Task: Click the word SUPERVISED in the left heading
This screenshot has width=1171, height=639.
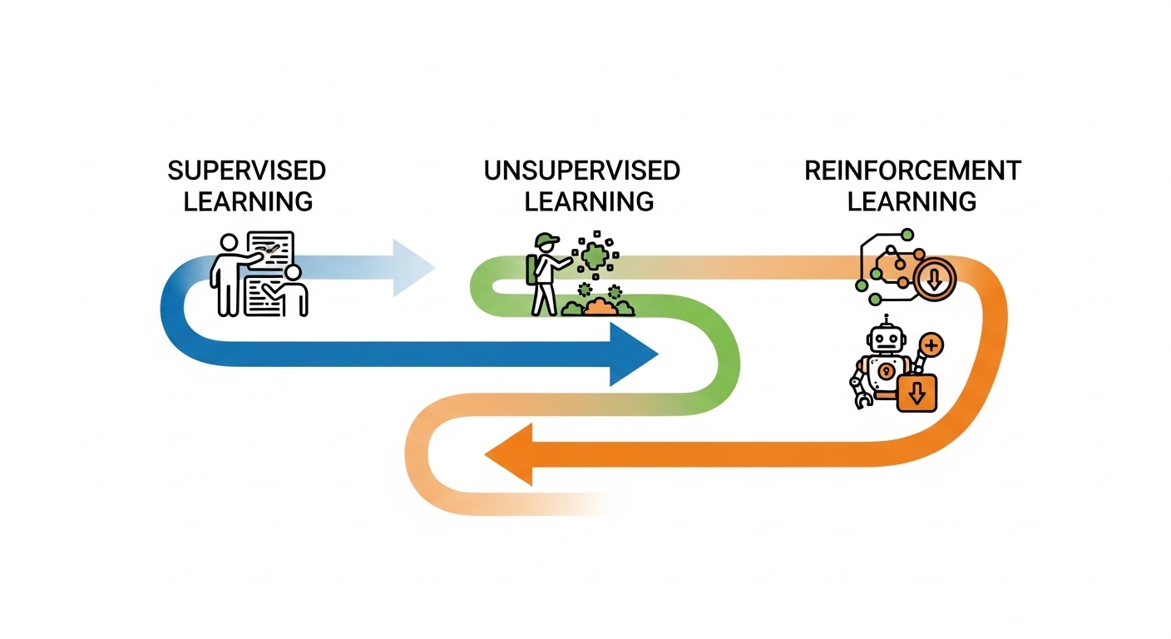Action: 247,171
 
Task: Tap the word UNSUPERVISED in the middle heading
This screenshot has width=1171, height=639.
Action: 582,171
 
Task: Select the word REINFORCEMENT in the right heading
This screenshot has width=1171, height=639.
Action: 912,171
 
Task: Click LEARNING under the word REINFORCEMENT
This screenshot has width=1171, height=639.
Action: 912,201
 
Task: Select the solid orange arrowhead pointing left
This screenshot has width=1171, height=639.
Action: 509,454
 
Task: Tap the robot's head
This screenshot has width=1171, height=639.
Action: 886,340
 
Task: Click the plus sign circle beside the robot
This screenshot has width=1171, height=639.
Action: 931,345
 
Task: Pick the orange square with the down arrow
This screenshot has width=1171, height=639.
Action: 917,393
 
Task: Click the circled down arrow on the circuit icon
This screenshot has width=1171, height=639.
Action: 935,280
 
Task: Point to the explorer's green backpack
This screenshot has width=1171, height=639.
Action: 531,270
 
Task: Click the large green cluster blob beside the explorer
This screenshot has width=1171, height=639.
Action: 595,256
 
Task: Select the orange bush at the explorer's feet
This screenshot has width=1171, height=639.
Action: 600,307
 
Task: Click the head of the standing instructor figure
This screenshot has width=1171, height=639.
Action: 229,243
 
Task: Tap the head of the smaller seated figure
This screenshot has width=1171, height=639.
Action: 293,273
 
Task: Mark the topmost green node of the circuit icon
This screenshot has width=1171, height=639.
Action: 907,235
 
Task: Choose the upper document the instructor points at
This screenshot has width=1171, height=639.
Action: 271,250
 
